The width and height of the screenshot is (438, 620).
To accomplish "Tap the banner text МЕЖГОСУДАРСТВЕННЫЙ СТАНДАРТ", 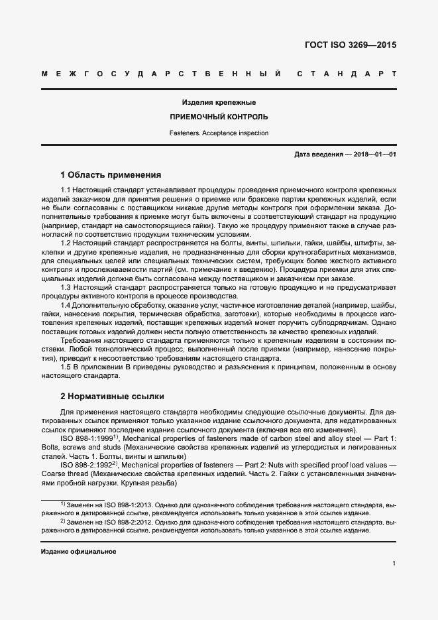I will pyautogui.click(x=219, y=73).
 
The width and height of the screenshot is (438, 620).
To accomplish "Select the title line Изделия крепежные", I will pyautogui.click(x=219, y=103).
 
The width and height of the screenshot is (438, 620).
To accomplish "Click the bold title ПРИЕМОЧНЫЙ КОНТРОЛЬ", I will pyautogui.click(x=219, y=117).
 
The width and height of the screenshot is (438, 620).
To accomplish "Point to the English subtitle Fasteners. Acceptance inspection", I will pyautogui.click(x=219, y=133).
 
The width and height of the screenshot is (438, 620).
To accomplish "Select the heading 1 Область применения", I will pyautogui.click(x=111, y=175).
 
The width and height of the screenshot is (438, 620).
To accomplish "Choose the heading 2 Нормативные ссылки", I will pyautogui.click(x=111, y=397).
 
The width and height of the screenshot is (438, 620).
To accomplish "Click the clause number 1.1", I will pyautogui.click(x=66, y=190).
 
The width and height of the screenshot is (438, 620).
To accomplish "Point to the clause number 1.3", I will pyautogui.click(x=66, y=288).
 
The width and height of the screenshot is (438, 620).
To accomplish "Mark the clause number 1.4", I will pyautogui.click(x=66, y=304).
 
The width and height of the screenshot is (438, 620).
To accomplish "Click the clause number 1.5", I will pyautogui.click(x=66, y=367).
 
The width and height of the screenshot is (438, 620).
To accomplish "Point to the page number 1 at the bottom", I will pyautogui.click(x=394, y=564).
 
